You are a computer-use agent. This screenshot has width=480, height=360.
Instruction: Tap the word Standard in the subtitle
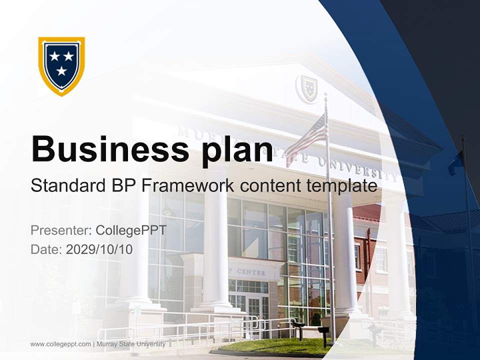(x=67, y=186)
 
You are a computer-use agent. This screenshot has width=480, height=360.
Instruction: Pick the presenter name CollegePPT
(x=130, y=230)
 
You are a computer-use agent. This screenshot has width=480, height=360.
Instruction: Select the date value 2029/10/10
(x=99, y=249)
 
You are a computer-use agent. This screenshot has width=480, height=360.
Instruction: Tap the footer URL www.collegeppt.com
(x=60, y=344)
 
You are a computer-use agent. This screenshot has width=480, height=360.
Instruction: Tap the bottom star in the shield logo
(x=61, y=71)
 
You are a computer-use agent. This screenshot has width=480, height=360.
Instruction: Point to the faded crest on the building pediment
(x=308, y=88)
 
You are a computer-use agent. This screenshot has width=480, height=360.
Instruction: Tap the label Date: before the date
(x=46, y=249)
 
